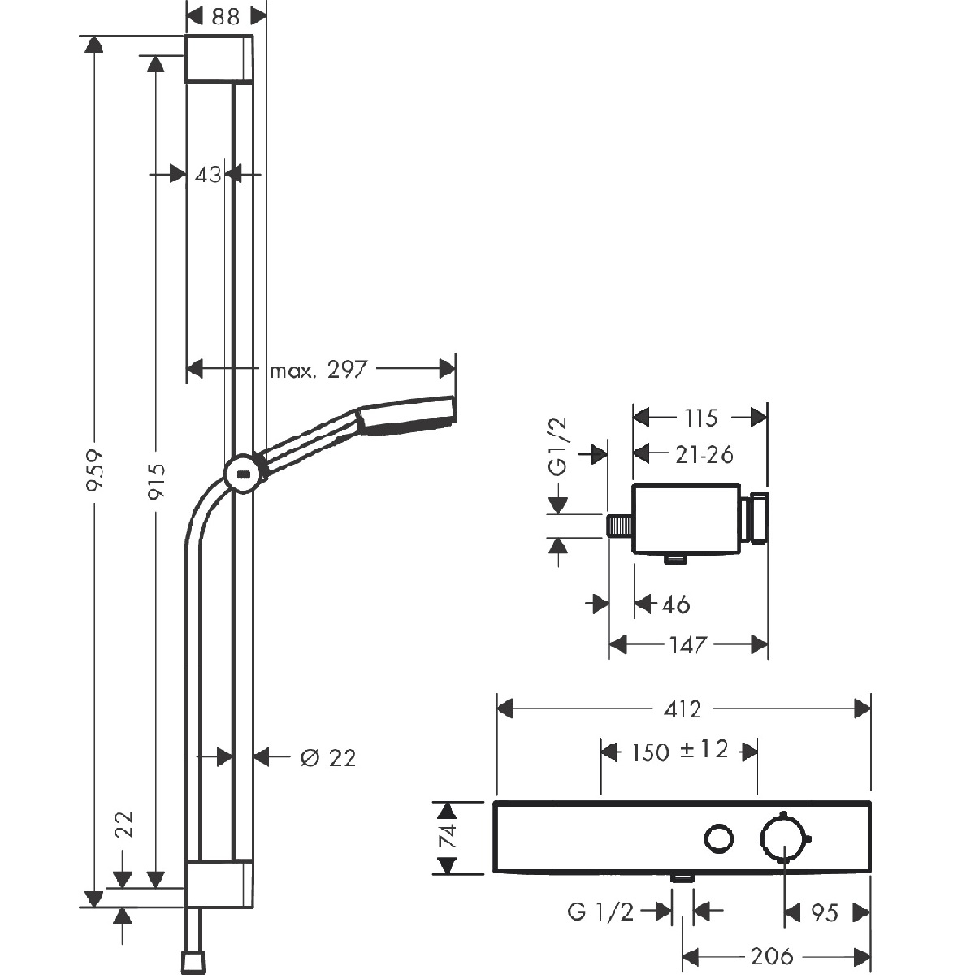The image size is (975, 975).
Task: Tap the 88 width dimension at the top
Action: click(x=225, y=17)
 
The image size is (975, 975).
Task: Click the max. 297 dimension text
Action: click(x=318, y=370)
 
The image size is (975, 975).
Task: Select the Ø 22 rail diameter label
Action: click(x=328, y=758)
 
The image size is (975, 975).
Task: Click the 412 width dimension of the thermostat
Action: click(x=682, y=709)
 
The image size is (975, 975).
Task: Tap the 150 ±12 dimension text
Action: click(x=680, y=751)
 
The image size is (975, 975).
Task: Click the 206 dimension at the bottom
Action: click(x=772, y=956)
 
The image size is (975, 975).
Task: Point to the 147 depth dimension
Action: click(x=688, y=644)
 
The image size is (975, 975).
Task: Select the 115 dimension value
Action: click(x=700, y=418)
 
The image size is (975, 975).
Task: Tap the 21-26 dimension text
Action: click(x=704, y=455)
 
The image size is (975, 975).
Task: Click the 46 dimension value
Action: click(x=675, y=604)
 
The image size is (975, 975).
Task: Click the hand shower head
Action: click(x=406, y=415)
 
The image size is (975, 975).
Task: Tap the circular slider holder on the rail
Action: click(x=244, y=474)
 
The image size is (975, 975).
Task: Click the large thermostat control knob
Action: click(x=783, y=839)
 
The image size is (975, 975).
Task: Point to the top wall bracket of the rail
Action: click(x=219, y=58)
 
